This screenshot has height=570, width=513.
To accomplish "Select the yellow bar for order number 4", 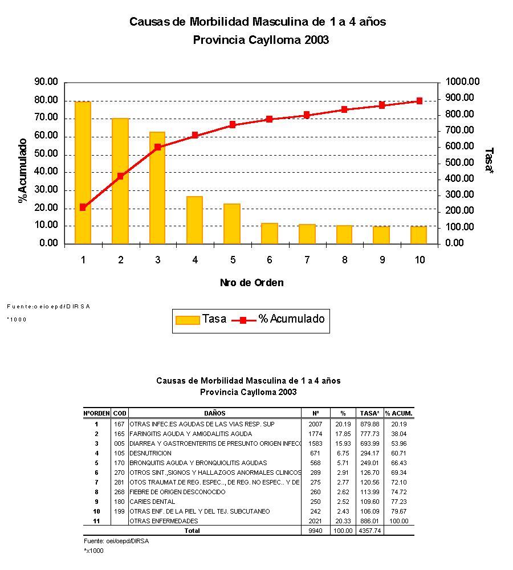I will pyautogui.click(x=195, y=220).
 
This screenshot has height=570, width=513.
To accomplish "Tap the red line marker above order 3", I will pyautogui.click(x=158, y=147).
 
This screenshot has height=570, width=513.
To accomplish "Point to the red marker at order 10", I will pyautogui.click(x=420, y=101).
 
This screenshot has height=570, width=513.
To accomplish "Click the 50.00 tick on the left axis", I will pyautogui.click(x=46, y=154).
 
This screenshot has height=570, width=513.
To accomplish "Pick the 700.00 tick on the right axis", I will pyautogui.click(x=459, y=130).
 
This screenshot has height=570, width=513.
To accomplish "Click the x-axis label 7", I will pyautogui.click(x=307, y=260).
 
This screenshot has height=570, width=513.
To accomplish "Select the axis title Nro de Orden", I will pyautogui.click(x=251, y=283).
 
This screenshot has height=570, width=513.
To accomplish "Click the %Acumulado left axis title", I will pyautogui.click(x=23, y=170).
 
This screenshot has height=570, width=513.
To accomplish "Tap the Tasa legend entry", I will pyautogui.click(x=201, y=319).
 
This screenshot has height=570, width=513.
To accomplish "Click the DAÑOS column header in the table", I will pyautogui.click(x=215, y=413).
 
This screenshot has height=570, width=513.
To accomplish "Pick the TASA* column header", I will pyautogui.click(x=370, y=413).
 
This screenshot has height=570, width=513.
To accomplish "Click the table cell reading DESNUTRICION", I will pyautogui.click(x=150, y=453).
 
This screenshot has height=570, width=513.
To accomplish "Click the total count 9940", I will pyautogui.click(x=315, y=531).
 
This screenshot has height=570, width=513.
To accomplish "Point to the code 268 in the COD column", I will pyautogui.click(x=119, y=492).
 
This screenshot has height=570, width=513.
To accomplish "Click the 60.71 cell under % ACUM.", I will pyautogui.click(x=398, y=453).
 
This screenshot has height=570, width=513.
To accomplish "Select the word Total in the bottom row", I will pyautogui.click(x=192, y=531).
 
